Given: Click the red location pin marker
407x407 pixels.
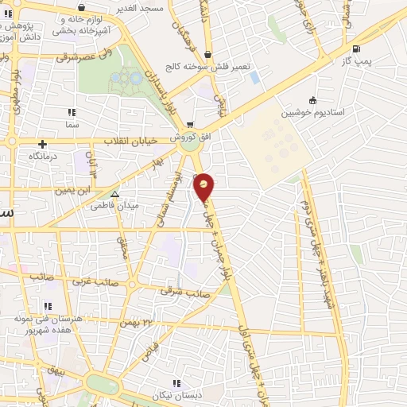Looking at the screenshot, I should (x=204, y=187).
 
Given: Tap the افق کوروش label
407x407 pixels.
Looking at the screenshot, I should (x=189, y=138).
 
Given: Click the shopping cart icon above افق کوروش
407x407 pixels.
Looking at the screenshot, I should (x=189, y=125).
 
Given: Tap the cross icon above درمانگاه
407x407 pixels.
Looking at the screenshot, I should (x=42, y=144).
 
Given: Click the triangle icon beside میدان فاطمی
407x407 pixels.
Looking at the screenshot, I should (x=115, y=193).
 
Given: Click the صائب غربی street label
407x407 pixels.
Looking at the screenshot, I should (x=95, y=282).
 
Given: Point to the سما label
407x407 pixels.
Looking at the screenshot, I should (x=72, y=126).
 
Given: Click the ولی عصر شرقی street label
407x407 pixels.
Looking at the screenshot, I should (x=91, y=57).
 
